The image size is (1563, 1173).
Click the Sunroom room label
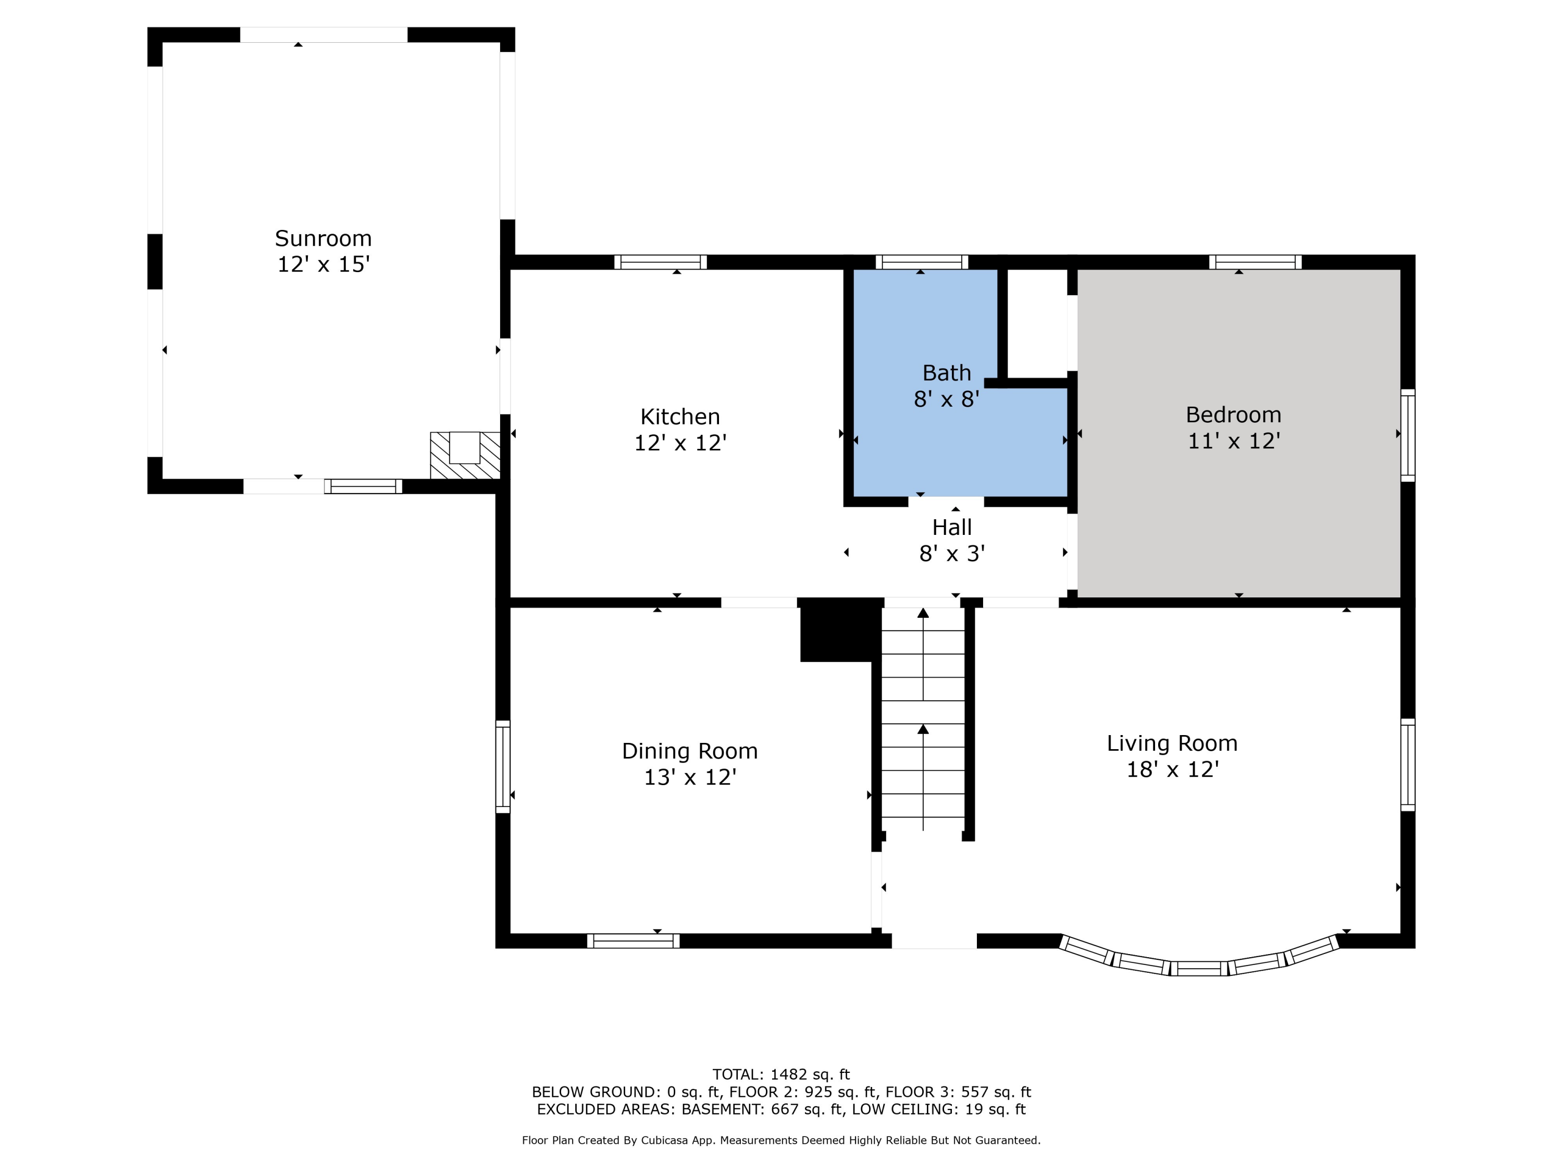[323, 238]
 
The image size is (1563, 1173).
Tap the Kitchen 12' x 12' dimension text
[680, 443]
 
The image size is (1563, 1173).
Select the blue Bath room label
[946, 373]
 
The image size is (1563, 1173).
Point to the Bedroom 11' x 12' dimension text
[1233, 441]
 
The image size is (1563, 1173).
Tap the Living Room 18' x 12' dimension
[1172, 769]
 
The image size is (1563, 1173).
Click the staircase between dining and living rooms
[923, 721]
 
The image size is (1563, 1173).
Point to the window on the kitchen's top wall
[660, 262]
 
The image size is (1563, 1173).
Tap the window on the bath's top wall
[922, 262]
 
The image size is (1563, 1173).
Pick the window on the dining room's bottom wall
[632, 940]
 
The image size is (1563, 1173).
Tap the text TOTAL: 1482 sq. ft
[781, 1074]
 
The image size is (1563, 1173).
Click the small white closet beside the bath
[1037, 323]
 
